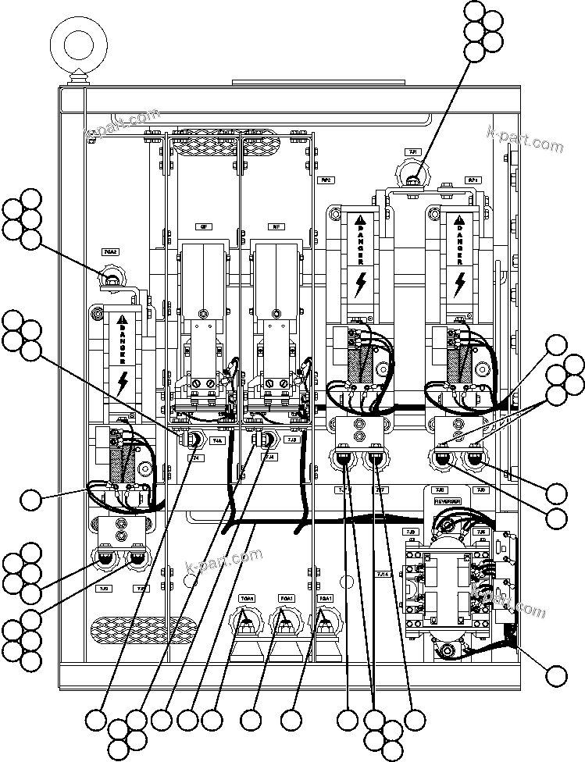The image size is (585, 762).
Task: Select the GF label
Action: point(203,226)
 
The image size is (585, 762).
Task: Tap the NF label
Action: point(276,226)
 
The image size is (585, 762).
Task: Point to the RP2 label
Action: point(326,180)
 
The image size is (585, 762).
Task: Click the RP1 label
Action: point(473,180)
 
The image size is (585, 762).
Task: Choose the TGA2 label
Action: point(111,252)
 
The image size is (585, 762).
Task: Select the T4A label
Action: point(218,440)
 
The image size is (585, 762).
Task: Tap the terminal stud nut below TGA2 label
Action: point(112,279)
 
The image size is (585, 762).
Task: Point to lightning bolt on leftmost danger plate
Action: point(122,383)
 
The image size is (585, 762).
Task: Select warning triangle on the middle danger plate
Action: point(360,221)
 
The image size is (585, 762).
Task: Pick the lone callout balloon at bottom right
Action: point(557,676)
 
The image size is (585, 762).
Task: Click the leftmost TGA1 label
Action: point(248,598)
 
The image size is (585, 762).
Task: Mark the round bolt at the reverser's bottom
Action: point(446,650)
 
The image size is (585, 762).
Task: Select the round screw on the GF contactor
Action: point(203,314)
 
